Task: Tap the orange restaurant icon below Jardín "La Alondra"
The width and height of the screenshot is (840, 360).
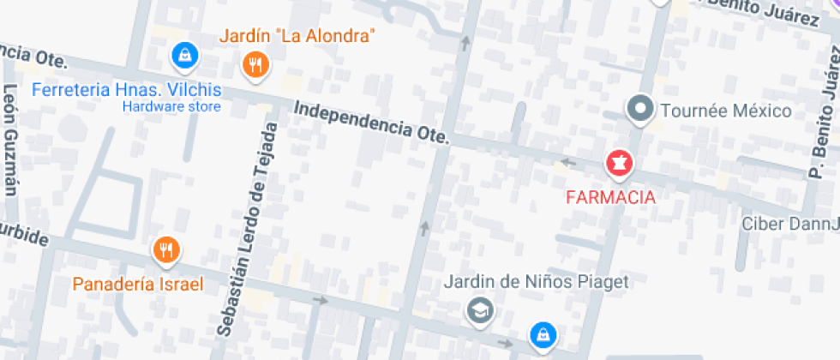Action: [255, 65]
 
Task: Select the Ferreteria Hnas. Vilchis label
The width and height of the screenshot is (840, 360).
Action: [126, 90]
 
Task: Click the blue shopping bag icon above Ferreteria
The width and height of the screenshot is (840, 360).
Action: [184, 57]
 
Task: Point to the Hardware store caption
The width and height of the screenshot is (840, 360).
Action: [171, 107]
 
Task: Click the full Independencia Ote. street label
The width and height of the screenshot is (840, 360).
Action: [370, 122]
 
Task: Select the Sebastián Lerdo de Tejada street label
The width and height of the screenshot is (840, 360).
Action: [249, 229]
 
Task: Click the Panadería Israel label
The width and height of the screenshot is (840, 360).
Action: [137, 284]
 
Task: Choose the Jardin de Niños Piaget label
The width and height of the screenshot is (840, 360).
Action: [537, 281]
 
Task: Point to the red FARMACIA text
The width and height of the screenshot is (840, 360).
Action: [610, 197]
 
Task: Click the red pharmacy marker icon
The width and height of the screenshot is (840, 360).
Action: [618, 161]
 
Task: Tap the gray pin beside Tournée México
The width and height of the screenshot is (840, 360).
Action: [639, 108]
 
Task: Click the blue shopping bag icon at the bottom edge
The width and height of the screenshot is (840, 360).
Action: [542, 335]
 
